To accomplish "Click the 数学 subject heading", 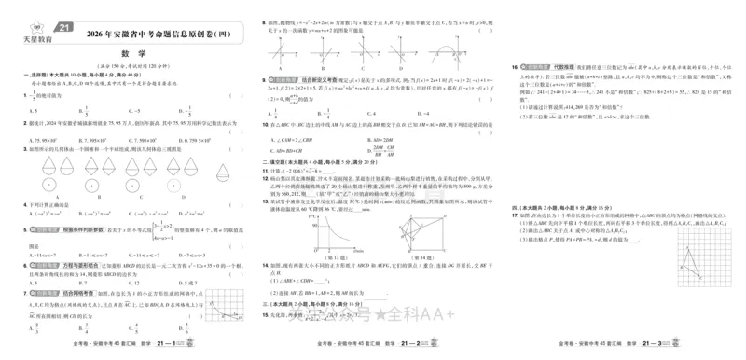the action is click(128, 53).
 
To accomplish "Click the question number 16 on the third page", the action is click(515, 68).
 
